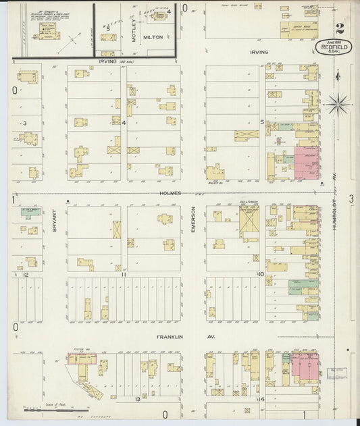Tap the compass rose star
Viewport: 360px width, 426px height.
(338, 103)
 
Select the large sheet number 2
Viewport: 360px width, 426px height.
(338, 29)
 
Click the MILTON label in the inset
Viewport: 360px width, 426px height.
(153, 38)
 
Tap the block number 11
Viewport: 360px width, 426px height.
(124, 275)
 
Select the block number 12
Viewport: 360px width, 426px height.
(25, 275)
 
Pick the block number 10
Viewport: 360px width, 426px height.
(260, 274)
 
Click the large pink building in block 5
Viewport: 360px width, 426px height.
(307, 163)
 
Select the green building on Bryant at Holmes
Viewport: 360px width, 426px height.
(31, 212)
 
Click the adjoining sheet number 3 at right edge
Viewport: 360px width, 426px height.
(351, 198)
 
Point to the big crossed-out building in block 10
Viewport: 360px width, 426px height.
(249, 220)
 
